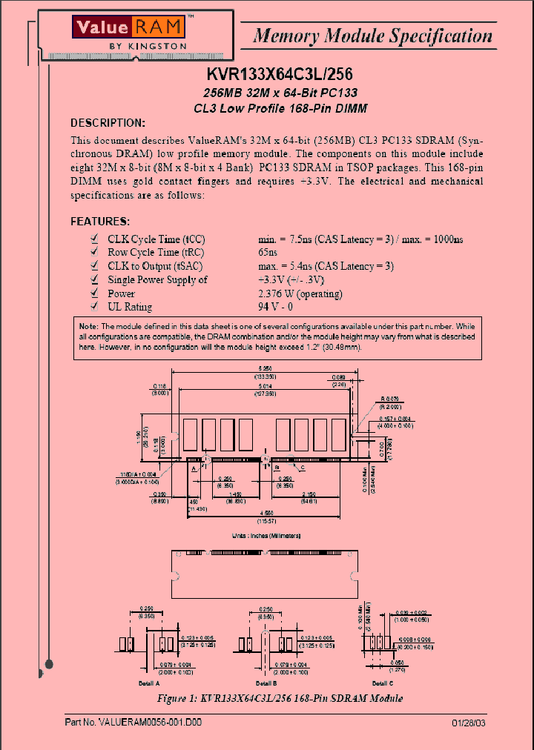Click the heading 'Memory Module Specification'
click(x=372, y=35)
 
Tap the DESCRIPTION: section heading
click(x=108, y=122)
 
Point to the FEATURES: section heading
click(x=100, y=221)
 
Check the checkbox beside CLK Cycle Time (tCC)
click(x=93, y=239)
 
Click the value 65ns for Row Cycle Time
click(x=268, y=253)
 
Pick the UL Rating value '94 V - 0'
click(x=275, y=307)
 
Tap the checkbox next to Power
click(x=93, y=293)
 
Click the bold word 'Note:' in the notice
click(x=88, y=326)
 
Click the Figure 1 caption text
click(x=280, y=698)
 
